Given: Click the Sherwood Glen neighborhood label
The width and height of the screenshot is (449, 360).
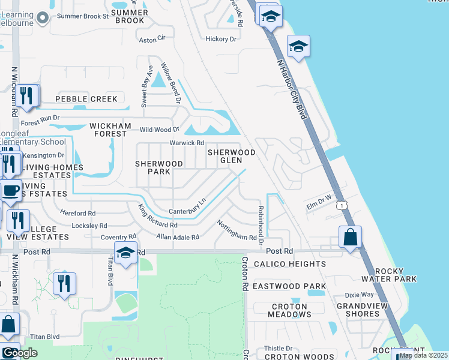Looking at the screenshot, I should (x=232, y=156).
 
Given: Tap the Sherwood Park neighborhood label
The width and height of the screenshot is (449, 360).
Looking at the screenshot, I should (x=159, y=167).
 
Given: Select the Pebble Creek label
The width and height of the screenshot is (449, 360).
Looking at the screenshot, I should (x=86, y=99).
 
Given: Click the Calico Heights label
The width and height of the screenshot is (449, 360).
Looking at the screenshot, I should (x=290, y=264).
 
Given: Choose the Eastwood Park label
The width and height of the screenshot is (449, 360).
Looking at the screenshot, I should (x=289, y=286).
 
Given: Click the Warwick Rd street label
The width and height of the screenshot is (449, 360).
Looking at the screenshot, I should (x=187, y=143).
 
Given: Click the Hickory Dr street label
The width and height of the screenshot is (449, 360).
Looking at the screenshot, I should (x=221, y=39).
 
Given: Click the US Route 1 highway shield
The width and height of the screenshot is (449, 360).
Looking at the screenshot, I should (x=341, y=205).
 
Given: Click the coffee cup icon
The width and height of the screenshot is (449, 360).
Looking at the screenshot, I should (x=11, y=191).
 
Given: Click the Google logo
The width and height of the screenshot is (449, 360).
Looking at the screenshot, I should (x=20, y=353).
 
